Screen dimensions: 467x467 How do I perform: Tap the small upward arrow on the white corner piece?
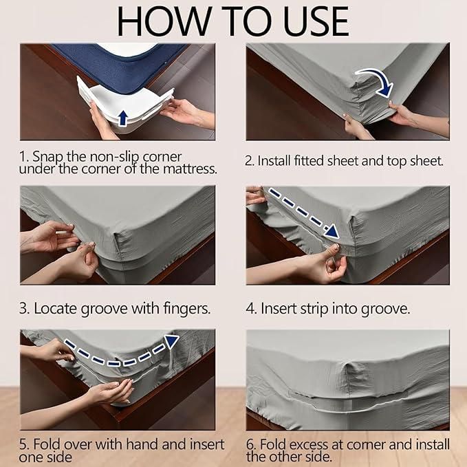point(122,118)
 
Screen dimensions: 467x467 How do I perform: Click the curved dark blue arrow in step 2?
point(376,80)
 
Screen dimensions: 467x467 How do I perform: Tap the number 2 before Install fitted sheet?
point(249,161)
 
